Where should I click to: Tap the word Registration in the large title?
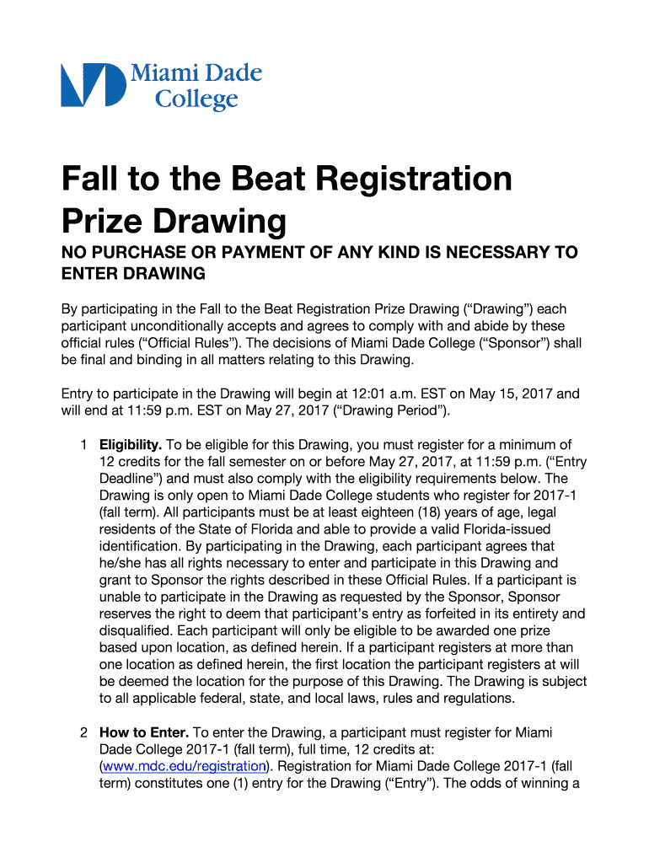point(404,180)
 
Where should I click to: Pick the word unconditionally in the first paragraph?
point(196,326)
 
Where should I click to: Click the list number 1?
point(83,445)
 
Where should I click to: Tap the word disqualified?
point(137,630)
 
